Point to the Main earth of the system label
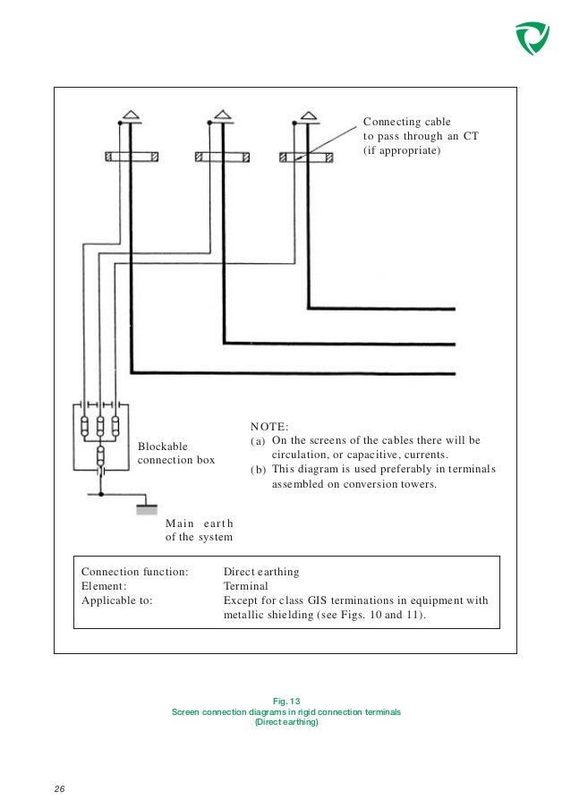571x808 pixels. [199, 530]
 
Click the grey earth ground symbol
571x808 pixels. [147, 510]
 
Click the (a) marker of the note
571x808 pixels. [257, 442]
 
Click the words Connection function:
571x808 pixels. [134, 571]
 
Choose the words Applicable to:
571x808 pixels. [117, 600]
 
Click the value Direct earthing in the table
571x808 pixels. [260, 571]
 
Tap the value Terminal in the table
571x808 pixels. [245, 585]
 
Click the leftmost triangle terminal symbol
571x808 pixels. [130, 115]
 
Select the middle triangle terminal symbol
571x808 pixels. [219, 115]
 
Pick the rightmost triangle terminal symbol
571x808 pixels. [309, 115]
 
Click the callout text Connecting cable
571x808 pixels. [406, 122]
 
